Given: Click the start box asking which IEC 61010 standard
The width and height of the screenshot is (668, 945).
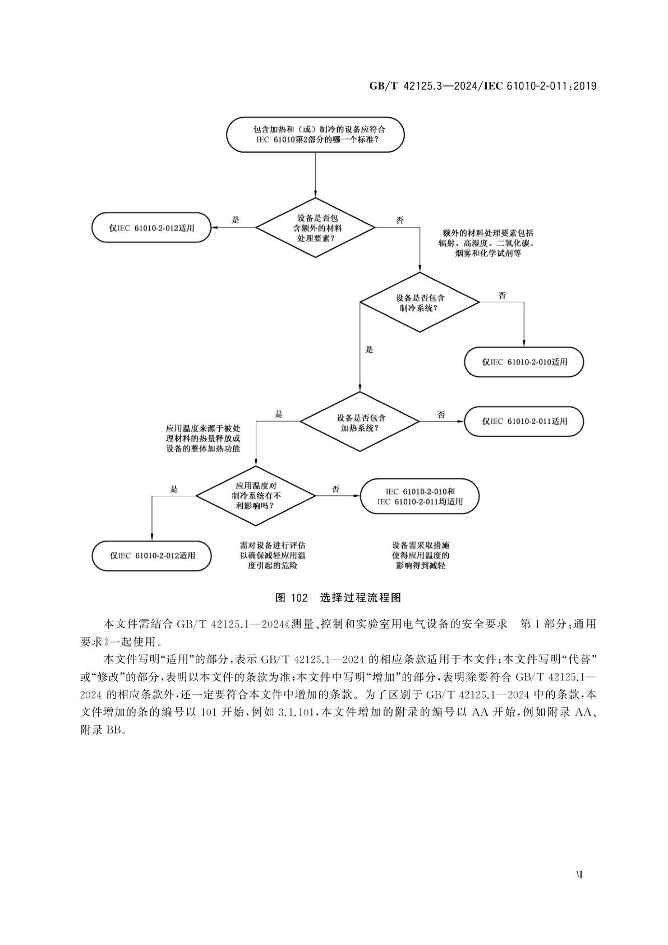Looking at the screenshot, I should (x=315, y=135).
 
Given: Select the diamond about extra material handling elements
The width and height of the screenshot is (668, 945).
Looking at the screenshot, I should (x=315, y=228).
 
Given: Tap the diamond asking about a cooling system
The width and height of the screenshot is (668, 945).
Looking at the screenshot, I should (x=420, y=302).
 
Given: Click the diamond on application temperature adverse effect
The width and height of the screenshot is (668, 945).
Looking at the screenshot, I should (x=256, y=496).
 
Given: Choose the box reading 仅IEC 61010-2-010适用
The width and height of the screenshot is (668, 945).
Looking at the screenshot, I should (x=524, y=362).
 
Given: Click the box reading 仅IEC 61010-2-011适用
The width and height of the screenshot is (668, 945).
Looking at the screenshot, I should (x=524, y=421).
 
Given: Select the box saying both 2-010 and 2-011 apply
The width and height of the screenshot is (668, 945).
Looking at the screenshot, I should (x=420, y=496).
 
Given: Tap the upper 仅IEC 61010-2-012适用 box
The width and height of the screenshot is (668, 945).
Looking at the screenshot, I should (x=152, y=228).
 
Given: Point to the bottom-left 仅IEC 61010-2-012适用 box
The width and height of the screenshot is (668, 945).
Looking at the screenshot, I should (x=152, y=555).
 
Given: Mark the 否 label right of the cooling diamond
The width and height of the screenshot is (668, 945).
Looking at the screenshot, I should (x=502, y=295).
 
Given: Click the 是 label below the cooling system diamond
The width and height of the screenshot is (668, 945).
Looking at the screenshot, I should (x=368, y=349).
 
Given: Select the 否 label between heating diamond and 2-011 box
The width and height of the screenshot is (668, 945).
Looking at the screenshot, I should (x=441, y=414).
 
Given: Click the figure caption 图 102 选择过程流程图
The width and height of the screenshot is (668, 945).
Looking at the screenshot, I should (x=338, y=597).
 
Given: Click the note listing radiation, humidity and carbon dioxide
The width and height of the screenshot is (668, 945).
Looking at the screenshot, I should (x=486, y=243).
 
